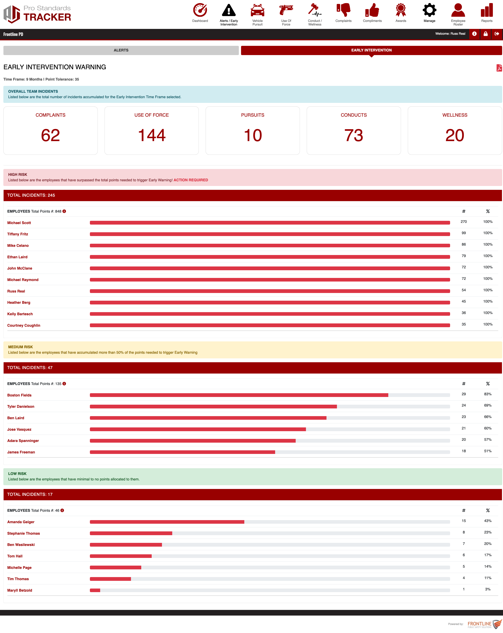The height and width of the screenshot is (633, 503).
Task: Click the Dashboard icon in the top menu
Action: click(200, 10)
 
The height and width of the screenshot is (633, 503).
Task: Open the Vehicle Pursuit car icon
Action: click(257, 10)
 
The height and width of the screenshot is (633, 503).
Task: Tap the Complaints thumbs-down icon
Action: click(343, 10)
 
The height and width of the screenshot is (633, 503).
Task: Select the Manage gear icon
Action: click(429, 10)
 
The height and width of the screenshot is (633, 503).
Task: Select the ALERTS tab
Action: click(121, 50)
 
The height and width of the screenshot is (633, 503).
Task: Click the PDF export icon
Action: click(499, 68)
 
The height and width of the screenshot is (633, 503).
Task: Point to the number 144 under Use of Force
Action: click(152, 135)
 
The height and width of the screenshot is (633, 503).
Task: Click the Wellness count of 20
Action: click(455, 135)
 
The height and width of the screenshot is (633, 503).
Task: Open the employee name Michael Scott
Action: click(19, 223)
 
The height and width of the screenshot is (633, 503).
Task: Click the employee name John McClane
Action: click(20, 268)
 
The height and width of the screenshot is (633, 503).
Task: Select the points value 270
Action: click(464, 222)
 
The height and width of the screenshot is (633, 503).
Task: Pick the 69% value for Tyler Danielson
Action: click(488, 406)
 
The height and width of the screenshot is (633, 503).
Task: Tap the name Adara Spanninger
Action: click(23, 441)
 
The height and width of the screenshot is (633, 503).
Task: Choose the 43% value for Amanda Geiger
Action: click(488, 521)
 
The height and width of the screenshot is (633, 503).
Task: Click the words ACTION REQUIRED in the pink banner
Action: click(191, 180)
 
